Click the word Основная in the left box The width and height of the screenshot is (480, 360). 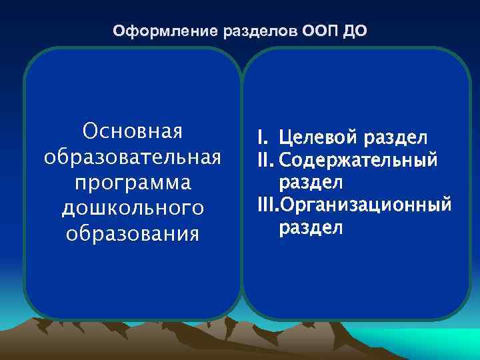(132, 131)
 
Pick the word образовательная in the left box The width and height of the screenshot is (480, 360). (132, 157)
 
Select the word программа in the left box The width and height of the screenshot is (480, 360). (132, 183)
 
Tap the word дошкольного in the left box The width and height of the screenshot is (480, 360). (132, 209)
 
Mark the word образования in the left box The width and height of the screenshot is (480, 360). (132, 234)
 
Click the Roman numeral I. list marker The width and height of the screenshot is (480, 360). (263, 138)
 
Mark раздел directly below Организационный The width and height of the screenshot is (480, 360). (311, 227)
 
